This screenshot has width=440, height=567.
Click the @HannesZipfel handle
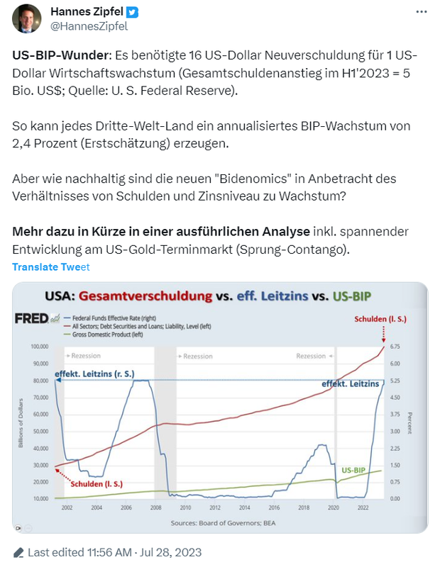(89, 27)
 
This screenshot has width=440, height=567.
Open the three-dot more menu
(422, 13)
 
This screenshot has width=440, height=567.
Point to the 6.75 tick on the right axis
(396, 347)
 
